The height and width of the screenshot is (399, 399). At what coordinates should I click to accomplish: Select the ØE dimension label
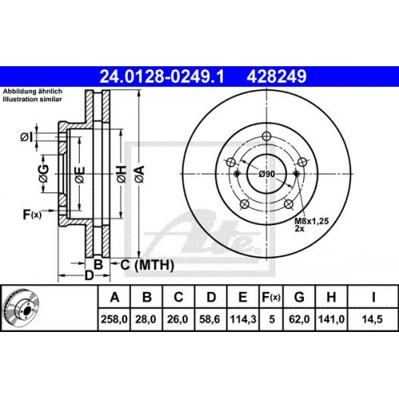click(80, 173)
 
